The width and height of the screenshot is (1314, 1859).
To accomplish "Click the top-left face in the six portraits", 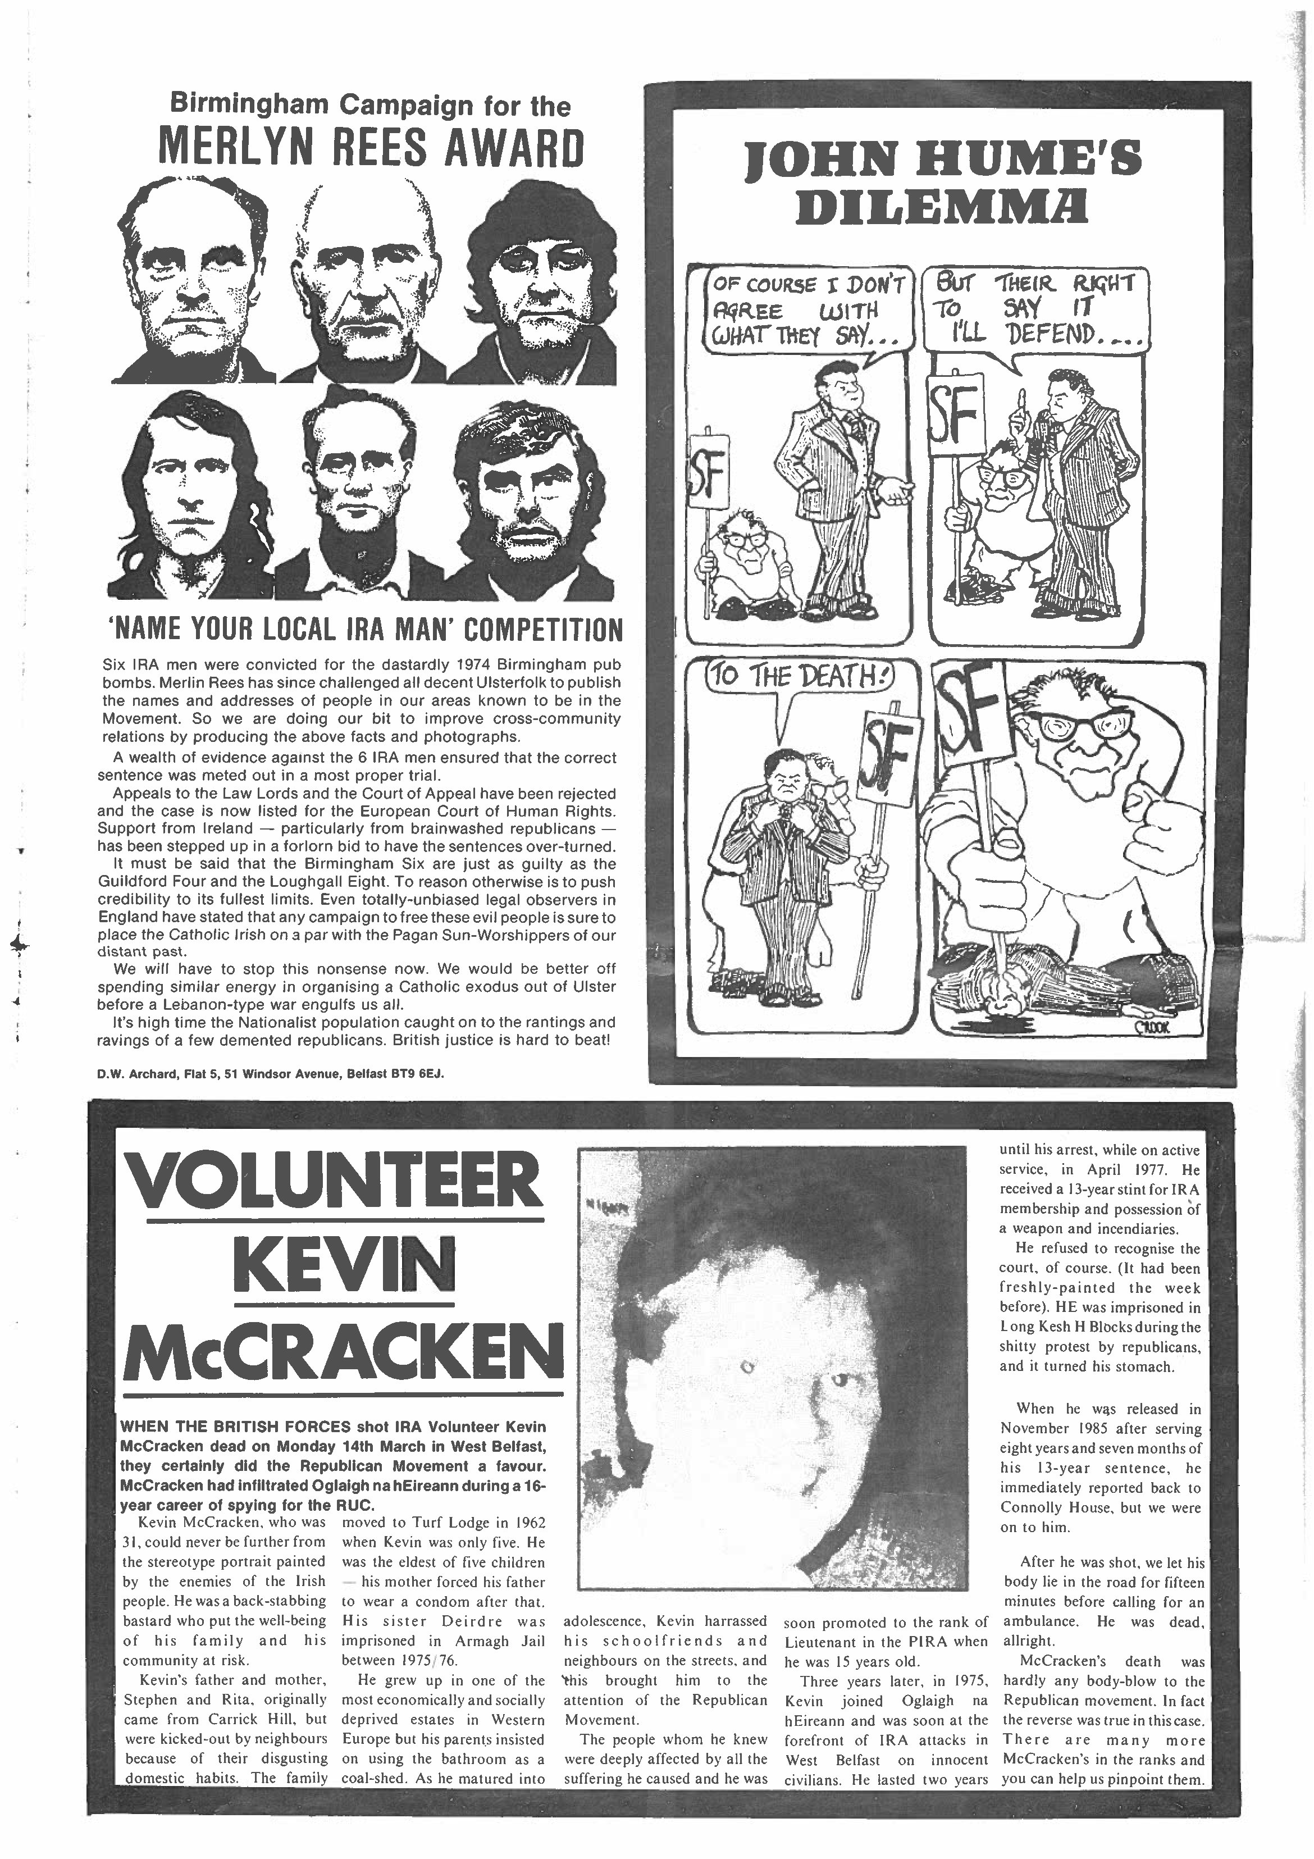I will point(195,284).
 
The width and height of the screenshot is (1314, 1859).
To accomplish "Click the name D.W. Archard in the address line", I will point(132,1074).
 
